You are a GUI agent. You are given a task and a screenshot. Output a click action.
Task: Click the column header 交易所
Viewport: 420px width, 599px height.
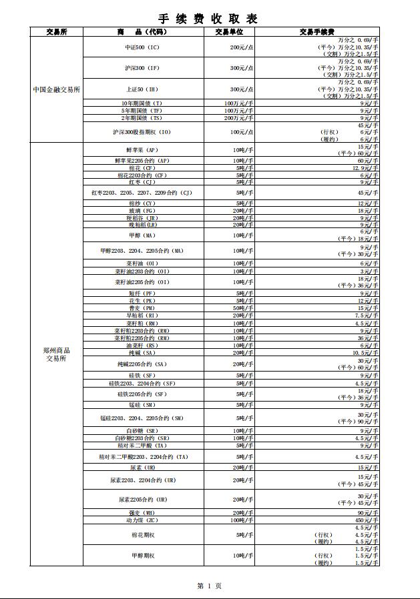click(57, 31)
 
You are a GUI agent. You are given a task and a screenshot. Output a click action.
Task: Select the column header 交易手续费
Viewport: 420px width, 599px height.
click(317, 31)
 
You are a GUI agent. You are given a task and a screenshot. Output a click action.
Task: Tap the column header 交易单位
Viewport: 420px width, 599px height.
click(229, 31)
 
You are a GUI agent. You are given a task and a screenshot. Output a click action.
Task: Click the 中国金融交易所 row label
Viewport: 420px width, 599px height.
click(57, 89)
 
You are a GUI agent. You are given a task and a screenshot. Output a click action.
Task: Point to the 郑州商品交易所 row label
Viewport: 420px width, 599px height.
click(57, 354)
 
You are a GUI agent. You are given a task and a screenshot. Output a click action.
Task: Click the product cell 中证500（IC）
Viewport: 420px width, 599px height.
click(143, 47)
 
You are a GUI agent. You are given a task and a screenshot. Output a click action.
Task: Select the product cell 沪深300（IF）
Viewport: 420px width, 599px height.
click(143, 68)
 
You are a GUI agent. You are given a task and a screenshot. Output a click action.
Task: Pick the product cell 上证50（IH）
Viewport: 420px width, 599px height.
click(143, 89)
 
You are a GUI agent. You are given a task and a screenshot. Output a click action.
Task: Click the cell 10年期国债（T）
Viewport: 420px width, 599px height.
click(143, 103)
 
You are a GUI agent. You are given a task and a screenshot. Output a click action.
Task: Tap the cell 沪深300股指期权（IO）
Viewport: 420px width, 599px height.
click(143, 132)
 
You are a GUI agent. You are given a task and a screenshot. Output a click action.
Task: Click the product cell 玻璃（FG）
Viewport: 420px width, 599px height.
click(143, 210)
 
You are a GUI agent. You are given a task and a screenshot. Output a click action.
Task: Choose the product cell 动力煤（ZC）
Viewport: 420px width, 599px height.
click(143, 520)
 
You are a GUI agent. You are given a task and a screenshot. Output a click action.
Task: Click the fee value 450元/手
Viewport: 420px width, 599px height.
click(367, 520)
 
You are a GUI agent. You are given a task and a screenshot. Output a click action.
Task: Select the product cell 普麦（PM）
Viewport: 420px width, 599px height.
click(143, 308)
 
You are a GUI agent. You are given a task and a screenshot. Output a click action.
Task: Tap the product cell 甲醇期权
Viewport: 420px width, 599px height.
click(143, 555)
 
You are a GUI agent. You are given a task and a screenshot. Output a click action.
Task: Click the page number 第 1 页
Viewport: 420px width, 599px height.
click(209, 586)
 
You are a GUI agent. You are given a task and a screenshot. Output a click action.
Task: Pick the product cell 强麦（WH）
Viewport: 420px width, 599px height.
click(143, 512)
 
